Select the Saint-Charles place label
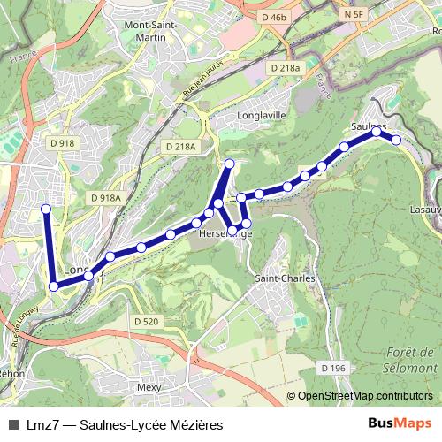tap(285, 278)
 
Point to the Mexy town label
tap(149, 387)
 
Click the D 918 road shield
tap(62, 142)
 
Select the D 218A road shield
tap(180, 146)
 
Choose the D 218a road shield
tap(286, 67)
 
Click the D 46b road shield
tap(276, 17)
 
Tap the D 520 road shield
tap(146, 321)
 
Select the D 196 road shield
tap(333, 367)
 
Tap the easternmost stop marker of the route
tap(397, 140)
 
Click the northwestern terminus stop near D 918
tap(46, 209)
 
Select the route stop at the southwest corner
tap(54, 286)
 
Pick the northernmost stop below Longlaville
tap(230, 163)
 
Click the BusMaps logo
tap(400, 424)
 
